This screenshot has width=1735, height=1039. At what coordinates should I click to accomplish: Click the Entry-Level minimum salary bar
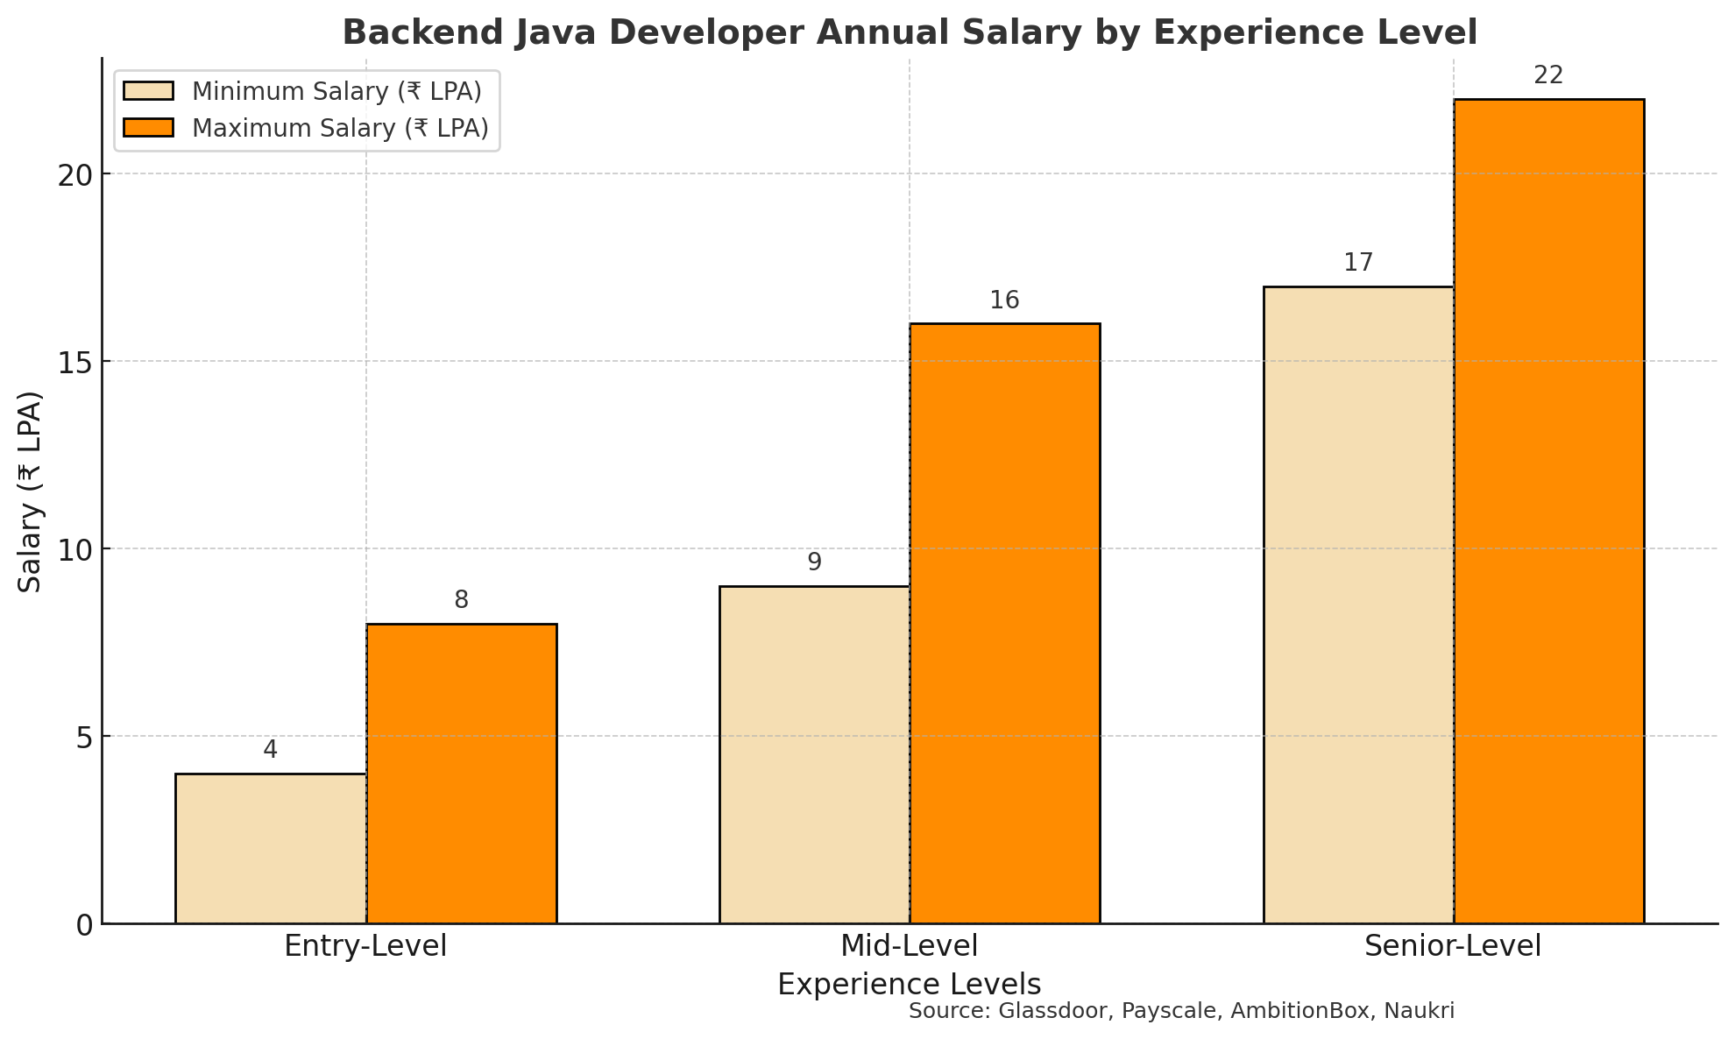pyautogui.click(x=271, y=848)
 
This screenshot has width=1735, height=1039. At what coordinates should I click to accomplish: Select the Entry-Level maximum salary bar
pyautogui.click(x=462, y=774)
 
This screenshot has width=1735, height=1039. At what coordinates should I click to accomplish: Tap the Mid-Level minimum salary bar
pyautogui.click(x=814, y=754)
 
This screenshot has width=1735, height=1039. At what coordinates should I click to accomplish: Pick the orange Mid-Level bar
pyautogui.click(x=1005, y=623)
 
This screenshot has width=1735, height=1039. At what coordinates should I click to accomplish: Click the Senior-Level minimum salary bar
pyautogui.click(x=1358, y=604)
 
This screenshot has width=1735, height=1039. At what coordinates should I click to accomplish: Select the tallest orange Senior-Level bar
pyautogui.click(x=1548, y=511)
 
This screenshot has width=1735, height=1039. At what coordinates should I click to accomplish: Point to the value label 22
pyautogui.click(x=1548, y=75)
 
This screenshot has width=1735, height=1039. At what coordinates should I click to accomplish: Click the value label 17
pyautogui.click(x=1358, y=263)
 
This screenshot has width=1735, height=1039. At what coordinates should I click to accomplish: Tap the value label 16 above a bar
pyautogui.click(x=1005, y=300)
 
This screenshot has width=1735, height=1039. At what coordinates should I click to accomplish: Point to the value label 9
pyautogui.click(x=814, y=562)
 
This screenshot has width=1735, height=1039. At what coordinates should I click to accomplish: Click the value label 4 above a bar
pyautogui.click(x=271, y=750)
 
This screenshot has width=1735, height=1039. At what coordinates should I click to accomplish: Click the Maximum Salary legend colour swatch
pyautogui.click(x=149, y=128)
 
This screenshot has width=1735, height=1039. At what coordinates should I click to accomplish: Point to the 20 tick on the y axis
pyautogui.click(x=74, y=174)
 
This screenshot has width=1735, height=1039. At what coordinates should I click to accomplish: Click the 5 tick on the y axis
pyautogui.click(x=84, y=737)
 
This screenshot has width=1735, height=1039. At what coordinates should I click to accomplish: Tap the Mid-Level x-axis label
pyautogui.click(x=909, y=946)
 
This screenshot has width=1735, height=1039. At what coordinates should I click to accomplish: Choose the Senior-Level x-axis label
pyautogui.click(x=1453, y=946)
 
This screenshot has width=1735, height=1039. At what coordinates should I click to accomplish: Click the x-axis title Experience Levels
pyautogui.click(x=909, y=985)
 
